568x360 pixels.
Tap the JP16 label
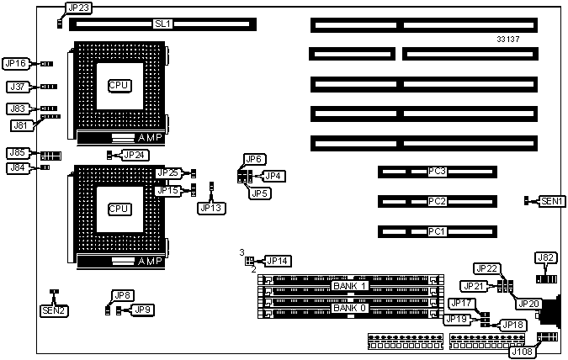coord(15,63)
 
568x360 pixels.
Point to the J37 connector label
coord(17,87)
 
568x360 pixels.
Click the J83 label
coord(17,109)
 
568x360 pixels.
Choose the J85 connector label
coord(17,153)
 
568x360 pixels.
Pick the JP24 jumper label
coord(135,155)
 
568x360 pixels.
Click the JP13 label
coord(212,207)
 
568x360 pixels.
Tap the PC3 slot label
coord(437,172)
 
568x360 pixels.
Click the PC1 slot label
coord(437,230)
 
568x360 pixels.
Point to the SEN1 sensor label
coord(553,201)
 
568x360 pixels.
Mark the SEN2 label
coord(55,311)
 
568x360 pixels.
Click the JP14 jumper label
coord(277,261)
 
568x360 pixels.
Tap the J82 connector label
coord(546,257)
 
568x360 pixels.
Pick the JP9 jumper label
coord(143,310)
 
